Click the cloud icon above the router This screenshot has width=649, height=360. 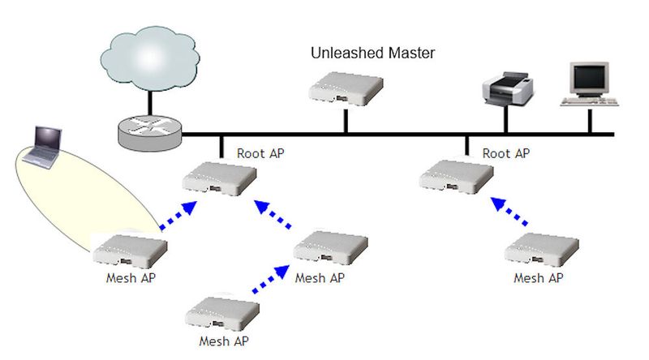149,58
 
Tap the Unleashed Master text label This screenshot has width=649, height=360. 373,54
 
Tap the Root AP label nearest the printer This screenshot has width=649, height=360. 507,152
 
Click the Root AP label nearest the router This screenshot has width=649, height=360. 261,152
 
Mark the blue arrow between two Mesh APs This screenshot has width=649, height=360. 268,278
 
